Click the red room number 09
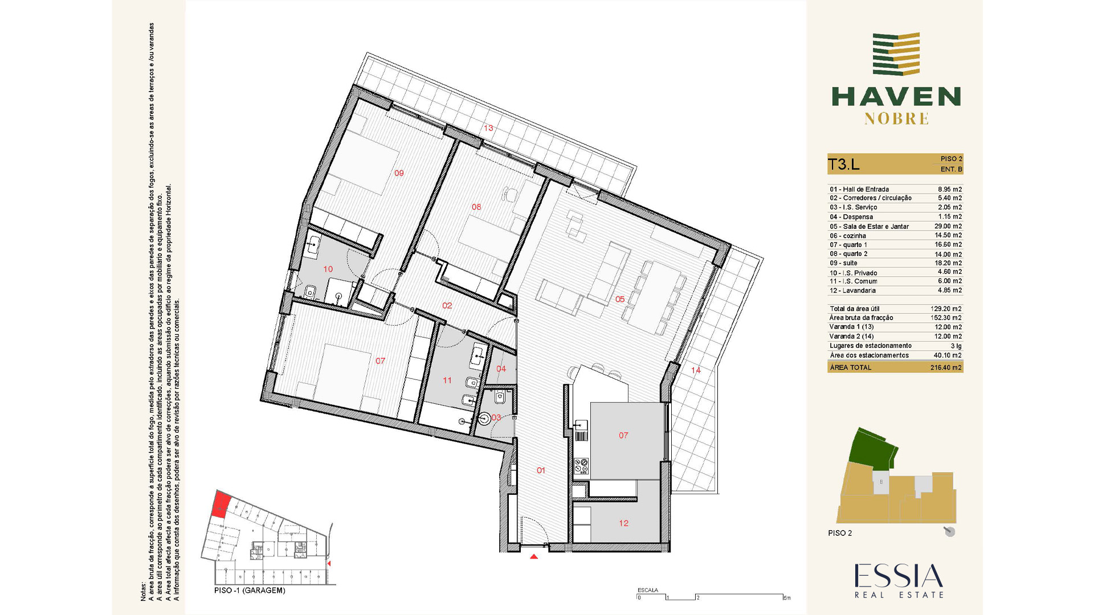399,173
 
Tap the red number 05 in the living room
620,299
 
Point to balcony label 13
488,128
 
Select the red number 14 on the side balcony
696,370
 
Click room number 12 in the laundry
624,523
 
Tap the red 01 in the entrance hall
541,470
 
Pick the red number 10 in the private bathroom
328,269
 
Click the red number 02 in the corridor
447,306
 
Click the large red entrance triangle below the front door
534,556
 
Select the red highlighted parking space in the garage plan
221,504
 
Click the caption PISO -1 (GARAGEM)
250,591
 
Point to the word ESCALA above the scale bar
648,590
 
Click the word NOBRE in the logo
896,118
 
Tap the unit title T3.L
843,165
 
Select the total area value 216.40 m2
946,368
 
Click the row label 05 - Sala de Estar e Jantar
869,227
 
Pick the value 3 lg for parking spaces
956,346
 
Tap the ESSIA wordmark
898,576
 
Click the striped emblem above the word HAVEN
896,54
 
